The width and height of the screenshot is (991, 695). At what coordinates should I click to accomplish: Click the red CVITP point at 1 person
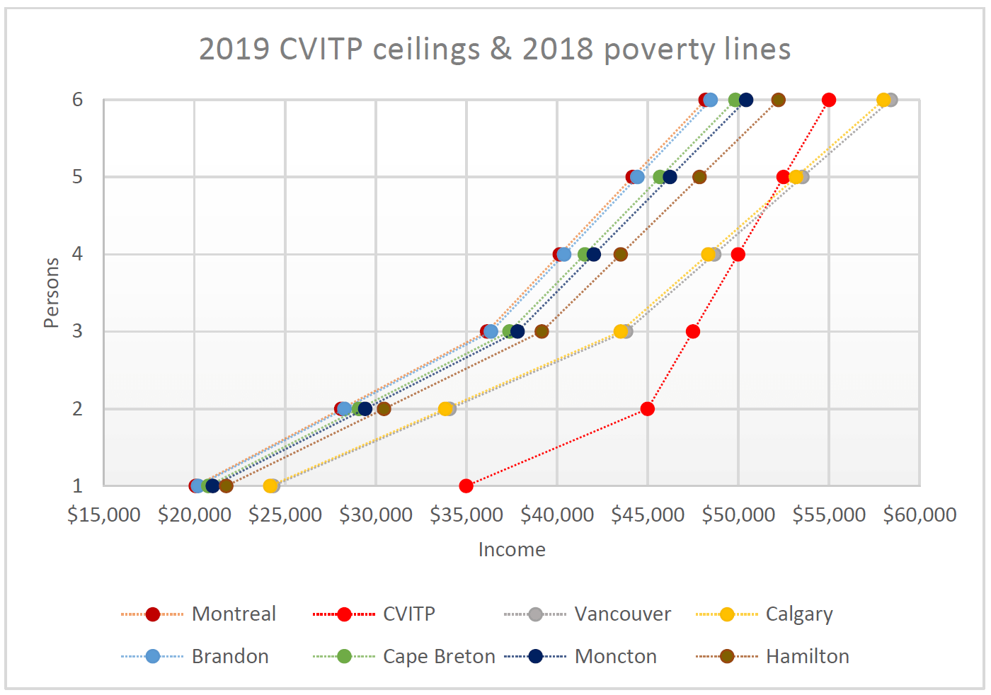[x=466, y=486]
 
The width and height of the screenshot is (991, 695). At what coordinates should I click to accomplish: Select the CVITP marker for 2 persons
[x=647, y=408]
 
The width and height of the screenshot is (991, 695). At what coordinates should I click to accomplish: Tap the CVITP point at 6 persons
[x=829, y=100]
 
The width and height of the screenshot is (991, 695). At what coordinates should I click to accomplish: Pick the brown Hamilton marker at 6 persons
[x=778, y=100]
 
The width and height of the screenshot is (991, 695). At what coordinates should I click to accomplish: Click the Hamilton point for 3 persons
[x=542, y=331]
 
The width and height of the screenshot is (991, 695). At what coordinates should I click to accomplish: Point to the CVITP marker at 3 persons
[x=693, y=331]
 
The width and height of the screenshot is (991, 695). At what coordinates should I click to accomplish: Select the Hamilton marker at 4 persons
[x=620, y=254]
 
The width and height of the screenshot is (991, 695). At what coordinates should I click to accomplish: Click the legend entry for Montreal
[x=233, y=614]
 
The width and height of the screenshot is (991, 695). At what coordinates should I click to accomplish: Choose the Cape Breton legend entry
[x=438, y=656]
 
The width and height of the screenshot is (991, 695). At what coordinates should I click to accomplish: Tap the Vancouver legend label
[x=622, y=614]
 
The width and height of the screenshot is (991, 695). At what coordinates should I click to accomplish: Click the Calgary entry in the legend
[x=798, y=614]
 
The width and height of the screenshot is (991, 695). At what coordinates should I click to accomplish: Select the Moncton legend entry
[x=615, y=656]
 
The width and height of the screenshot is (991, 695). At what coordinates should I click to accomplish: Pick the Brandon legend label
[x=230, y=656]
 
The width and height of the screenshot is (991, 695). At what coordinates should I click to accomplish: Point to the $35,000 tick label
[x=466, y=515]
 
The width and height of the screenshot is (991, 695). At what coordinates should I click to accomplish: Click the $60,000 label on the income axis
[x=919, y=515]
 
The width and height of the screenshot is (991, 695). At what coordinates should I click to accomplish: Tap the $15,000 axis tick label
[x=104, y=515]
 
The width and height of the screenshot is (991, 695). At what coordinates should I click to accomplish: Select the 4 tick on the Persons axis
[x=78, y=254]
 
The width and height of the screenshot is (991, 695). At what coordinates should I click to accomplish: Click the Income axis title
[x=512, y=549]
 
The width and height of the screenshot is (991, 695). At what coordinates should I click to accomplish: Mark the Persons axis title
[x=51, y=292]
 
